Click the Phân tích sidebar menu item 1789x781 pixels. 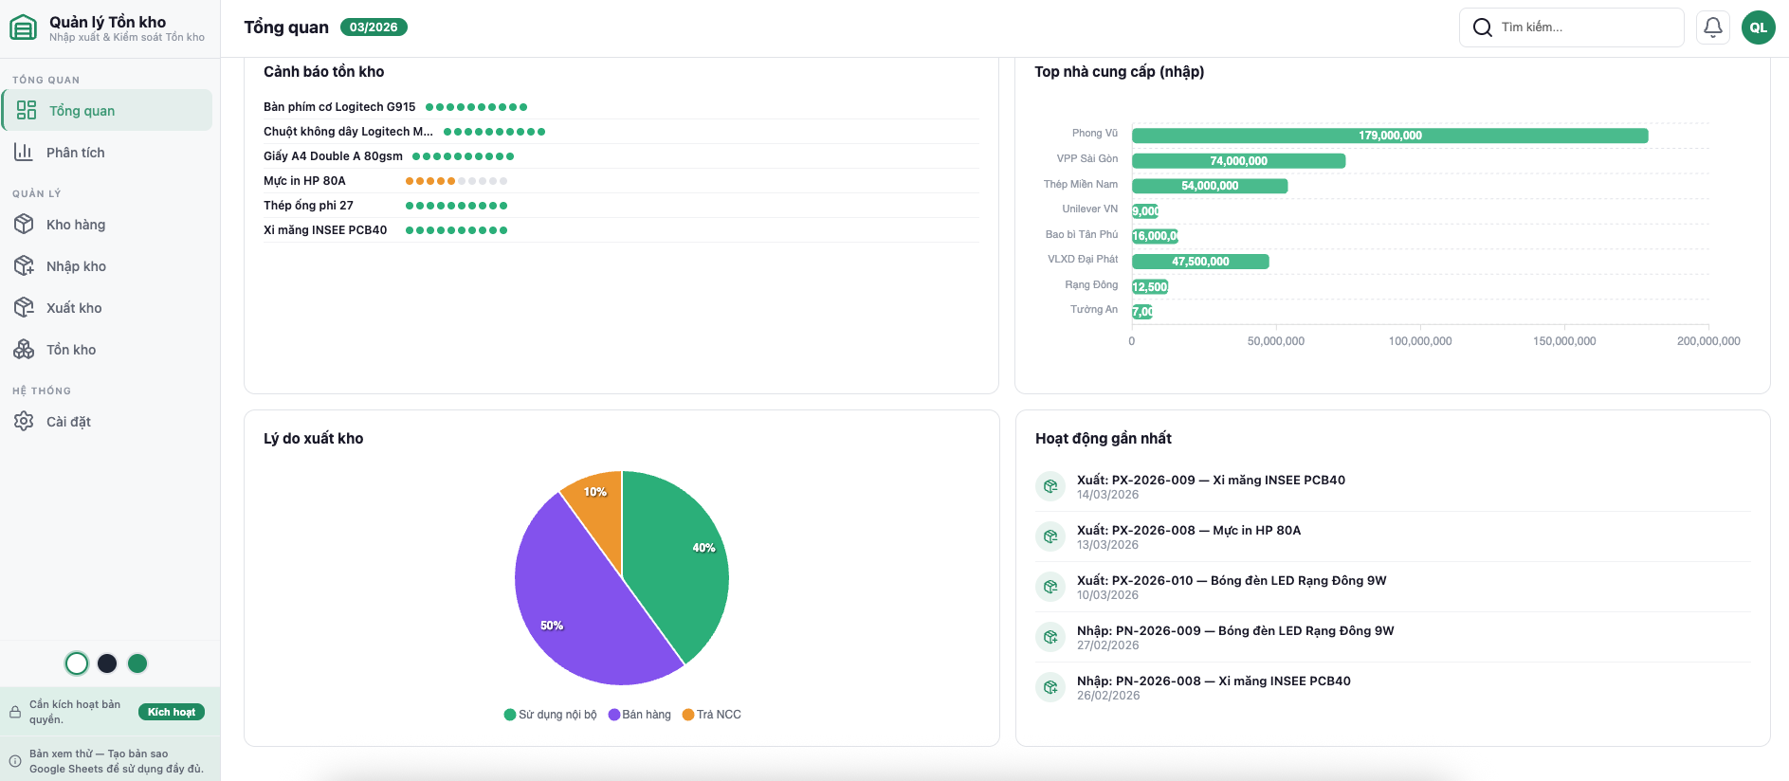click(x=75, y=153)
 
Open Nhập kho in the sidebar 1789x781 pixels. click(x=76, y=266)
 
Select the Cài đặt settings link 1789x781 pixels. click(x=68, y=422)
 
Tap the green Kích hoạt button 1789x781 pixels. click(x=172, y=712)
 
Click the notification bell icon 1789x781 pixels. click(x=1712, y=27)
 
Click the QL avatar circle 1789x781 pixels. click(x=1758, y=27)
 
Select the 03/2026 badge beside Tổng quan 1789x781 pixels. click(x=374, y=27)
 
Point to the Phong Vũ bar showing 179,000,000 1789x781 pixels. click(x=1389, y=136)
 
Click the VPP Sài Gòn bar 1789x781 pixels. click(x=1238, y=161)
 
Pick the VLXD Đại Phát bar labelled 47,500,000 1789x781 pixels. click(x=1200, y=262)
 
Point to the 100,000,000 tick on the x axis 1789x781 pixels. click(x=1419, y=341)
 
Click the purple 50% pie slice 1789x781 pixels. click(x=569, y=607)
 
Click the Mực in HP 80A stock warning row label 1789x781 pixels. click(x=304, y=181)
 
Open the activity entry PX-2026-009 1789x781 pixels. click(x=1211, y=481)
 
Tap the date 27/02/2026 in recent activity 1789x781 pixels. click(x=1107, y=645)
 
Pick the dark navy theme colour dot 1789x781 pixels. click(x=107, y=663)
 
